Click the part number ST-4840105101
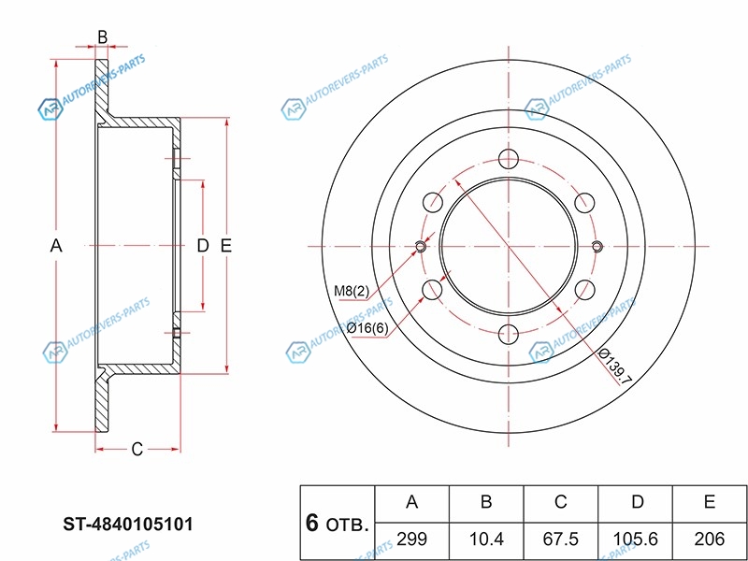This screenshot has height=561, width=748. coord(128,525)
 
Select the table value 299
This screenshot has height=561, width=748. coord(411,538)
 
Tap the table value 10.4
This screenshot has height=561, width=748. coord(486,538)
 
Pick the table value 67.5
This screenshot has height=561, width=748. coord(561,538)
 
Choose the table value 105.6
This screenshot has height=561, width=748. coord(637,538)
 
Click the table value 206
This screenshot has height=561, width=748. coord(710,538)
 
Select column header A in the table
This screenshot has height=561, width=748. coord(411,502)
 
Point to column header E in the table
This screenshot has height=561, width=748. coord(710,502)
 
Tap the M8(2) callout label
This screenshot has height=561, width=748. coord(350,291)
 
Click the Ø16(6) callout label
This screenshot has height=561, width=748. coord(367,328)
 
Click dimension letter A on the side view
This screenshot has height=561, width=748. coord(55,246)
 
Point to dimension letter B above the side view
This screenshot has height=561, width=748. coord(103,38)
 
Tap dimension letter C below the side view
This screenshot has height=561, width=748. coord(137,450)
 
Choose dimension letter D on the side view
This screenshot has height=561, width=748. coord(201,246)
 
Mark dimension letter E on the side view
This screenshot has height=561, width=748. coord(225,246)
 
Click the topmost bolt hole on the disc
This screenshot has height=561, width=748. coord(509,157)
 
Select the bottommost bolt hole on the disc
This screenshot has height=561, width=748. coord(509,334)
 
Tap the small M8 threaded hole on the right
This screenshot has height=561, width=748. coord(597,246)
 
